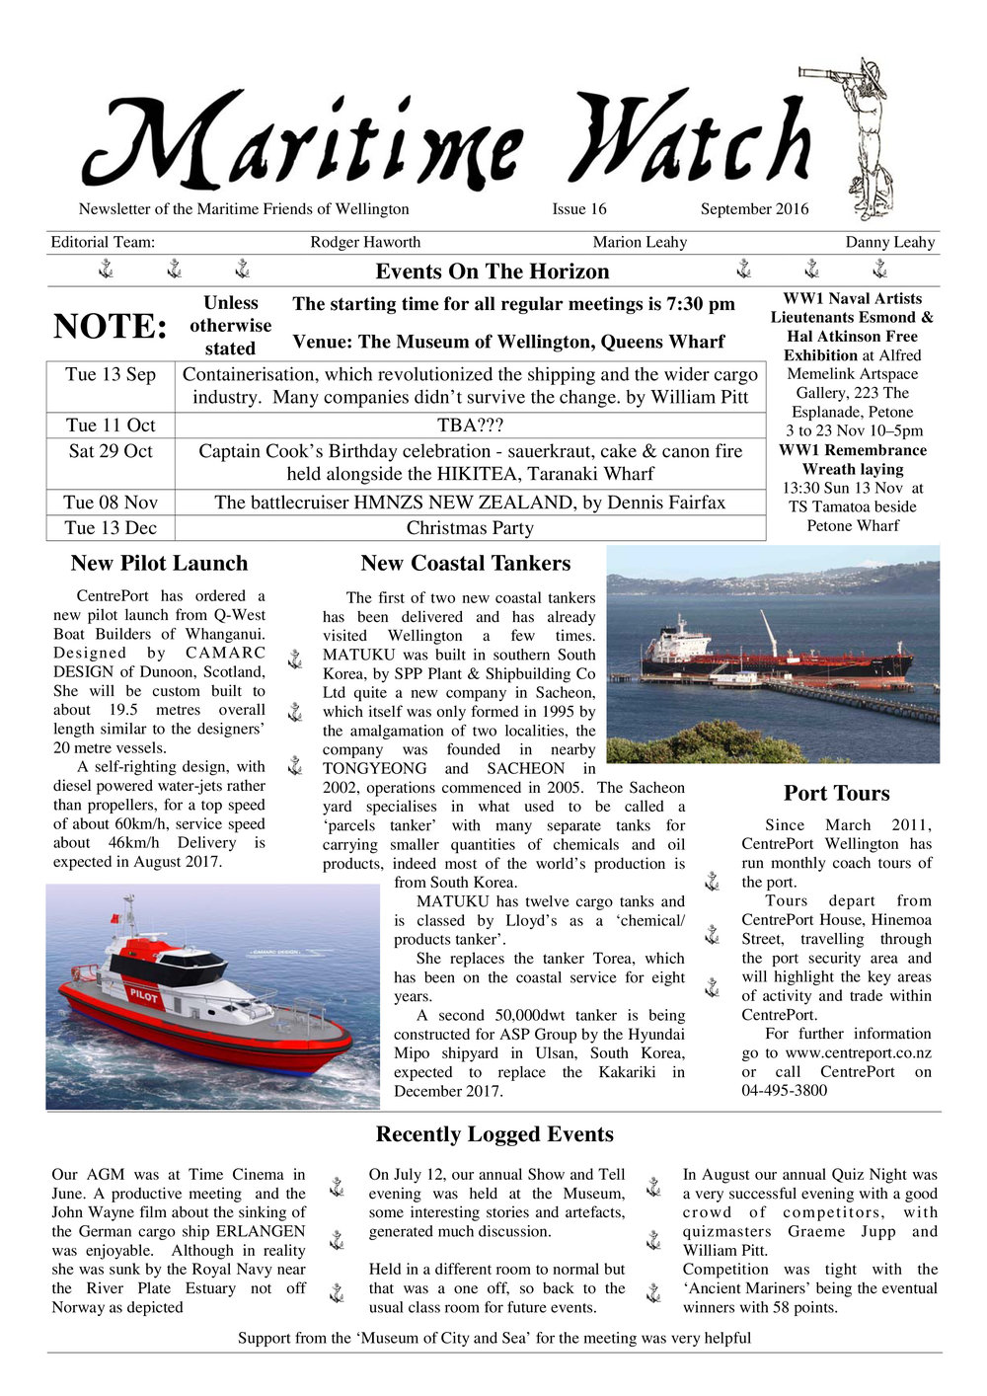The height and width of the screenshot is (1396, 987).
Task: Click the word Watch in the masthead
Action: (690, 143)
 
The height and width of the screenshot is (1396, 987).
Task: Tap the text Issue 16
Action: (579, 209)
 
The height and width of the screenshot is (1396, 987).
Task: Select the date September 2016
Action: (754, 209)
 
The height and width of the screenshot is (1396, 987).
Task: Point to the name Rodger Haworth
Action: (365, 243)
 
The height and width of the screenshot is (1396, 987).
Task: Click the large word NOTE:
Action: (111, 327)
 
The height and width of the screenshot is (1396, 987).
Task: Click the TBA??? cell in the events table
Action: (470, 427)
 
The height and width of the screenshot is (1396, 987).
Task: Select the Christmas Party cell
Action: (470, 528)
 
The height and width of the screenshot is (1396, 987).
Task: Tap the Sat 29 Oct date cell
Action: (111, 452)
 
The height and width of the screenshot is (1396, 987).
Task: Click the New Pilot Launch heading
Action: (159, 564)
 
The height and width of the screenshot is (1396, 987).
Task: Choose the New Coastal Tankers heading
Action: (466, 564)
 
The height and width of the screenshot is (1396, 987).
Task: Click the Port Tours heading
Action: (836, 794)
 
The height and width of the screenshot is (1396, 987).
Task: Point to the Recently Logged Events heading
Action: (494, 1135)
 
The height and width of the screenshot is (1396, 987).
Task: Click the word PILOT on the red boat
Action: (144, 995)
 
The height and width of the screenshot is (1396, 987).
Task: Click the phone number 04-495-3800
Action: (785, 1091)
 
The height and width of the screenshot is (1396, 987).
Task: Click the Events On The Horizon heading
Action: (493, 271)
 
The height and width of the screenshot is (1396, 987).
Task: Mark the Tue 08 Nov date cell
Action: (111, 503)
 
